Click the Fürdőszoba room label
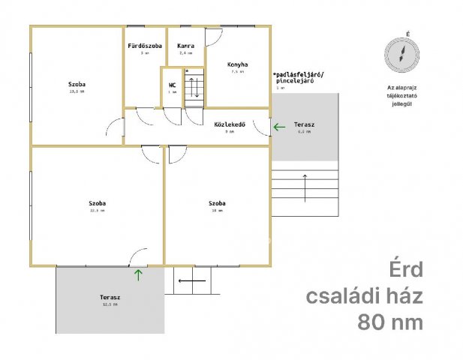tap(144, 46)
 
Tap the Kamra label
tap(185, 46)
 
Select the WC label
tap(173, 85)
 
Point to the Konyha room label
tap(237, 64)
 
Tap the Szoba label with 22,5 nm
tap(96, 203)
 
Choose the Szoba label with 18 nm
tap(218, 203)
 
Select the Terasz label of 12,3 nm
tap(110, 298)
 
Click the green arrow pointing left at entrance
tap(279, 127)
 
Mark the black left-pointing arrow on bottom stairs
tap(192, 281)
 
